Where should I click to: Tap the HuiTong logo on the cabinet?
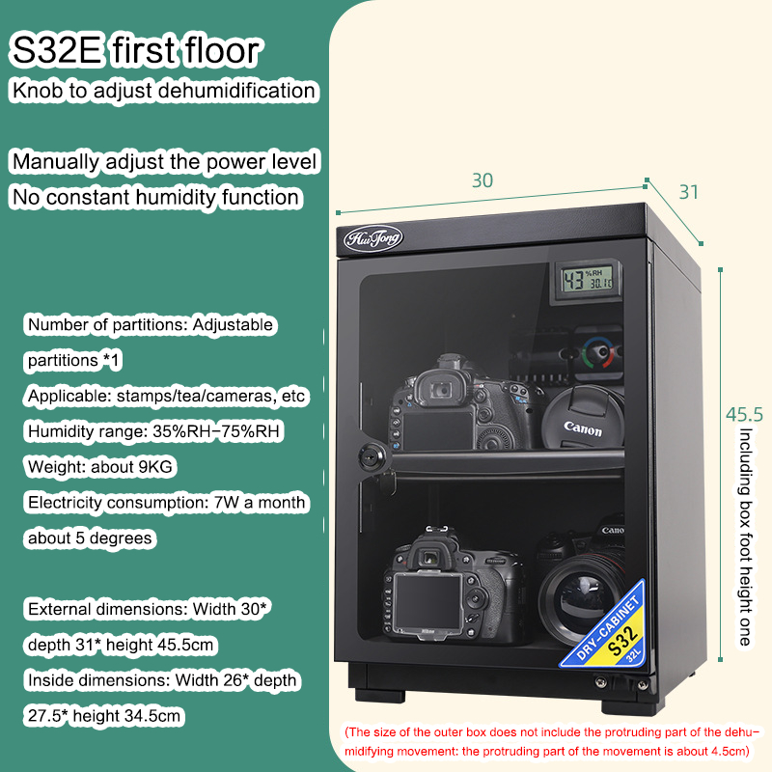click(x=373, y=237)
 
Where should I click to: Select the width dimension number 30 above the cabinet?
click(x=482, y=180)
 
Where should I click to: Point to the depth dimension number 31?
click(x=688, y=192)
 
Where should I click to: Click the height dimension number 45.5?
click(x=744, y=415)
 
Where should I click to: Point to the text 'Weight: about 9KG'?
click(x=101, y=467)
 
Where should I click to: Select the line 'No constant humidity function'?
click(x=155, y=198)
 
